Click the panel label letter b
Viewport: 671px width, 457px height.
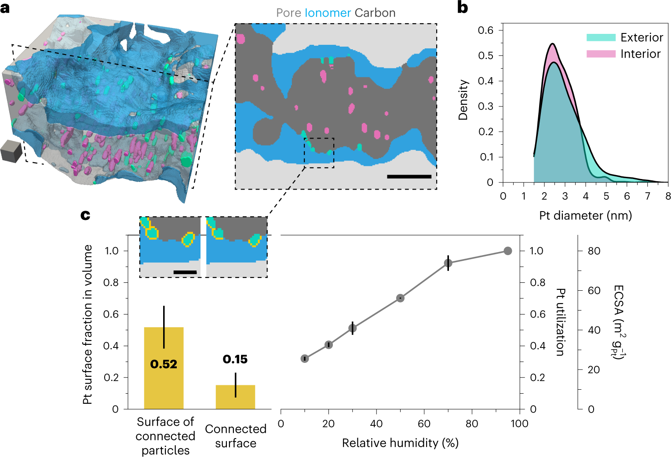pyautogui.click(x=463, y=7)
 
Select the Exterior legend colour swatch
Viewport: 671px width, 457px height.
pyautogui.click(x=601, y=37)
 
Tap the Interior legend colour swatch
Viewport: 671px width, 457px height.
pyautogui.click(x=601, y=54)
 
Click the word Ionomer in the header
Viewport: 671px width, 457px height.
pyautogui.click(x=328, y=13)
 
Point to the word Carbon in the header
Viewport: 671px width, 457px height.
pyautogui.click(x=375, y=13)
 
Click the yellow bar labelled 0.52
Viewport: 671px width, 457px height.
pyautogui.click(x=164, y=368)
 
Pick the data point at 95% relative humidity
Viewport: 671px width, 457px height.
pyautogui.click(x=507, y=251)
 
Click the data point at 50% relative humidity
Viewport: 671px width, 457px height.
pyautogui.click(x=400, y=298)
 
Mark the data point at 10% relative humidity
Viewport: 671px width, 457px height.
pyautogui.click(x=305, y=358)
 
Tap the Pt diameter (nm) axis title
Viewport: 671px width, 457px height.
pyautogui.click(x=585, y=216)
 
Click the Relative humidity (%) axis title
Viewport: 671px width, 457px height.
pyautogui.click(x=400, y=442)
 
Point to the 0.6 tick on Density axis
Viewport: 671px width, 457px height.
pyautogui.click(x=485, y=30)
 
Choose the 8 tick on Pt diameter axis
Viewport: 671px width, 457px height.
pyautogui.click(x=668, y=196)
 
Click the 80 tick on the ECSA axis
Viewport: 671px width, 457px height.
pyautogui.click(x=594, y=251)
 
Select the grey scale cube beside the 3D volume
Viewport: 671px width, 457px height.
pyautogui.click(x=11, y=151)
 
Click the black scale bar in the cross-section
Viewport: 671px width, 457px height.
pyautogui.click(x=409, y=176)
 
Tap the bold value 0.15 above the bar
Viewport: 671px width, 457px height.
pyautogui.click(x=235, y=359)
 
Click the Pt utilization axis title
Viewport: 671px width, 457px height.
pyautogui.click(x=560, y=322)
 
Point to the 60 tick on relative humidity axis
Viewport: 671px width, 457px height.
pyautogui.click(x=424, y=424)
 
